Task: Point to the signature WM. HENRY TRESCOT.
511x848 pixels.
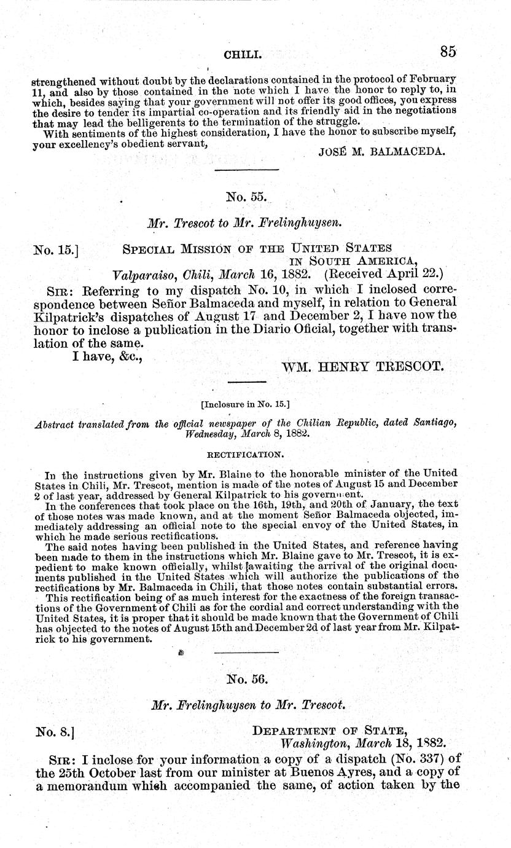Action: click(x=362, y=367)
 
